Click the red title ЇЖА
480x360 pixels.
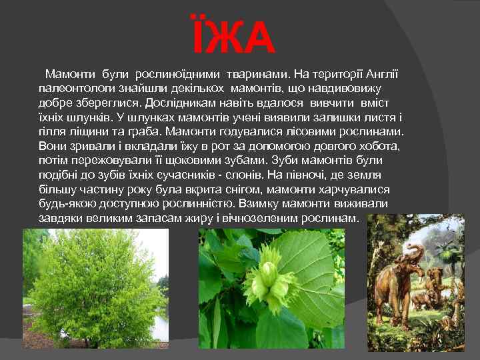[x=233, y=38]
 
